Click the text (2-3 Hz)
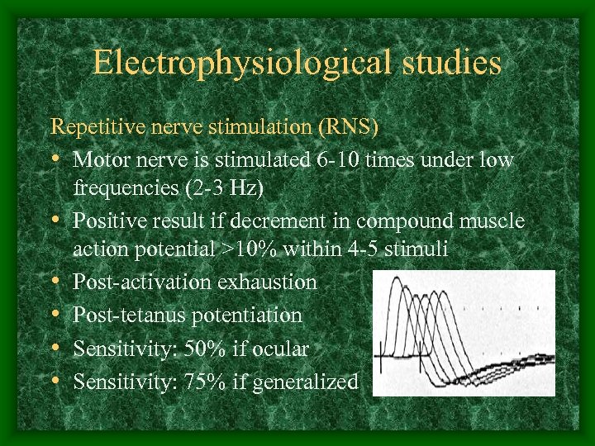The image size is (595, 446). (222, 188)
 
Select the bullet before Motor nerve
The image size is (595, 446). (56, 159)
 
